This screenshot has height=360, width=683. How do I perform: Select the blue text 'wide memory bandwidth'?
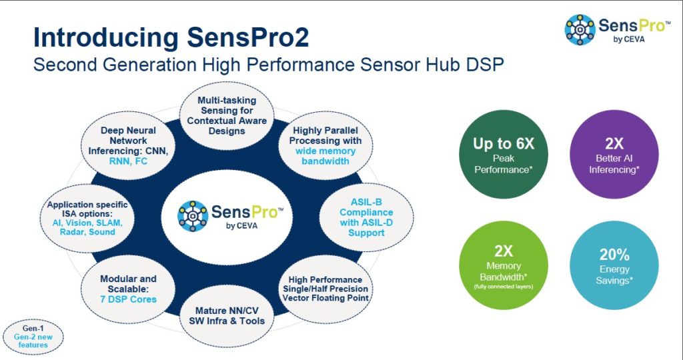325,156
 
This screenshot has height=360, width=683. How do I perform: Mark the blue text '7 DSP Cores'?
129,299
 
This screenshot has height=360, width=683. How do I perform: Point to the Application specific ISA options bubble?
87,219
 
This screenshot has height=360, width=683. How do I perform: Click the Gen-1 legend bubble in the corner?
33,336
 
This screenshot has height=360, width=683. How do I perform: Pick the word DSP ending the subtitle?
487,65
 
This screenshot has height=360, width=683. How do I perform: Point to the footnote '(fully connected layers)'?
504,287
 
